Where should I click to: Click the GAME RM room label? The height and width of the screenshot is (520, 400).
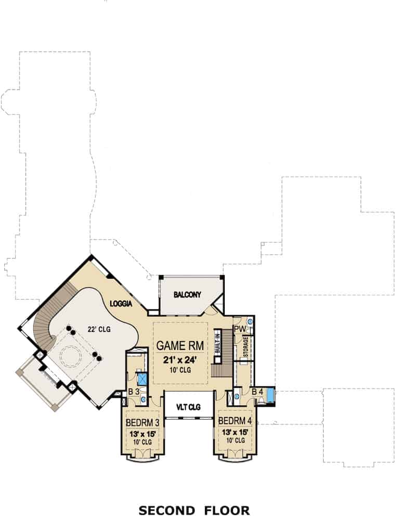(179, 345)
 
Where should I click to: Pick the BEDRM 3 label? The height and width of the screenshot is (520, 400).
(142, 421)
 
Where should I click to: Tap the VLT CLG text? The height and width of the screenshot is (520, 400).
(188, 407)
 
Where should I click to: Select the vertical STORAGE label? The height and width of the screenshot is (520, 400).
(245, 347)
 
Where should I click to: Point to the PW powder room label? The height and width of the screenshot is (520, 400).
(240, 329)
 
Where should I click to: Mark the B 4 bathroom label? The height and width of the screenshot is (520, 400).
(257, 392)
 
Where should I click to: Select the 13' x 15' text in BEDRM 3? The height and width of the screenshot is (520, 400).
(142, 432)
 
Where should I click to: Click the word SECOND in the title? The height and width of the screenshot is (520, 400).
(166, 510)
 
